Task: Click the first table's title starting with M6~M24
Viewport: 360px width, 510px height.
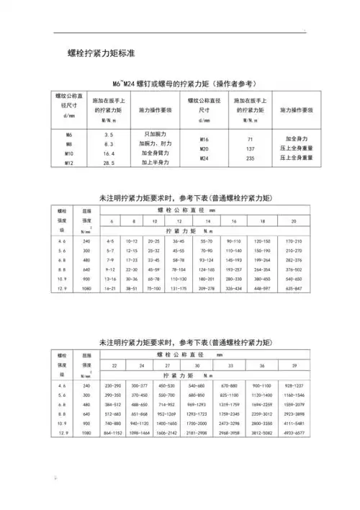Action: click(x=180, y=84)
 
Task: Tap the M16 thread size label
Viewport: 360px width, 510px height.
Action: click(x=204, y=138)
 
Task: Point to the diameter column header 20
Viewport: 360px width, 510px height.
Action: click(x=294, y=220)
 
